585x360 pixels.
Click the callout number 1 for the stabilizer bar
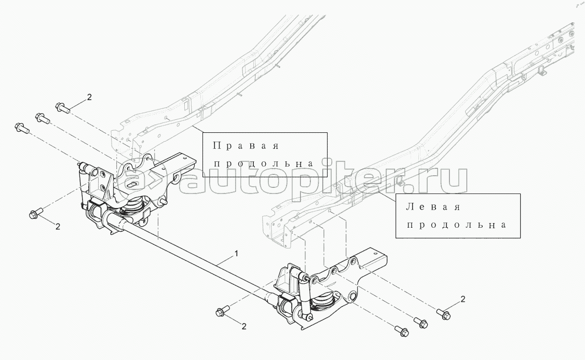236,254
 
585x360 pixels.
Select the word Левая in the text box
433,207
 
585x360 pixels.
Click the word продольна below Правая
263,163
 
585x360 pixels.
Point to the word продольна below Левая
456,225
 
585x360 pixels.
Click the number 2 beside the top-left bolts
89,97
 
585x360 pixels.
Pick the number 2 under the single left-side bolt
58,226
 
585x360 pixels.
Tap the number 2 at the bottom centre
243,326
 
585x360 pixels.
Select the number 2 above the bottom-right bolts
463,299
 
